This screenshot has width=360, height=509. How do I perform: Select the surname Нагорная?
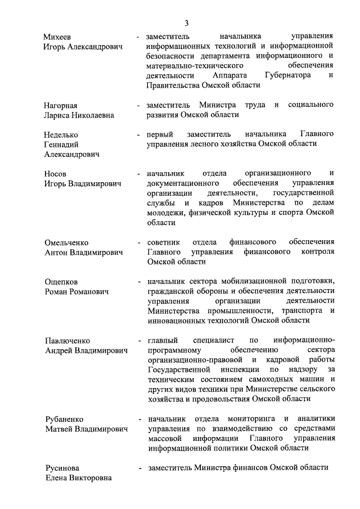click(60, 105)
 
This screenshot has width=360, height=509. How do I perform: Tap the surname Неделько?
click(61, 134)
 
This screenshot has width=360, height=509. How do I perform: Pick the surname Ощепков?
click(61, 282)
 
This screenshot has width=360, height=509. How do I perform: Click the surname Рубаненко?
click(64, 419)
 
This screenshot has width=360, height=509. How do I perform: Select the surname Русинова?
click(62, 469)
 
